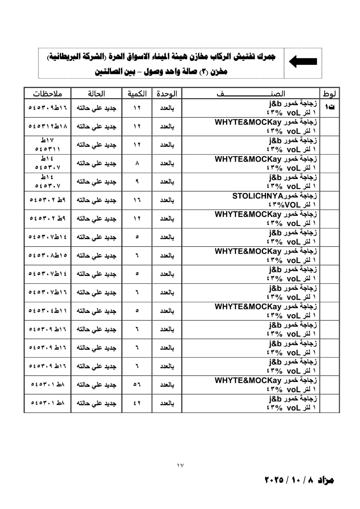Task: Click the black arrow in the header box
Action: click(303, 61)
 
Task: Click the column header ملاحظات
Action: click(47, 94)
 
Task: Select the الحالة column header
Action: click(96, 94)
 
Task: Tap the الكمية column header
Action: click(137, 94)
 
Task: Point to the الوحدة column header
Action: click(167, 94)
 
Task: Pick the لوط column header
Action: click(329, 94)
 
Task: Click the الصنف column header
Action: click(251, 94)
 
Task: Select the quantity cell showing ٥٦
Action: click(137, 385)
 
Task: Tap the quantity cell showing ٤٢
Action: click(137, 403)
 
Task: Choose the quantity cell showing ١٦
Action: click(137, 200)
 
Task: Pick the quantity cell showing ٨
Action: click(137, 163)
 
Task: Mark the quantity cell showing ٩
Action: click(137, 182)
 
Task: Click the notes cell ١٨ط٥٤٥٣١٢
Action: click(48, 126)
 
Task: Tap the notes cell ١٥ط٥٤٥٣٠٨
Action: click(48, 255)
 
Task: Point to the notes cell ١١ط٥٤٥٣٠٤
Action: click(48, 311)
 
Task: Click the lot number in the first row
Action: click(329, 108)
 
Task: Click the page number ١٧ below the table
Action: click(180, 465)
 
